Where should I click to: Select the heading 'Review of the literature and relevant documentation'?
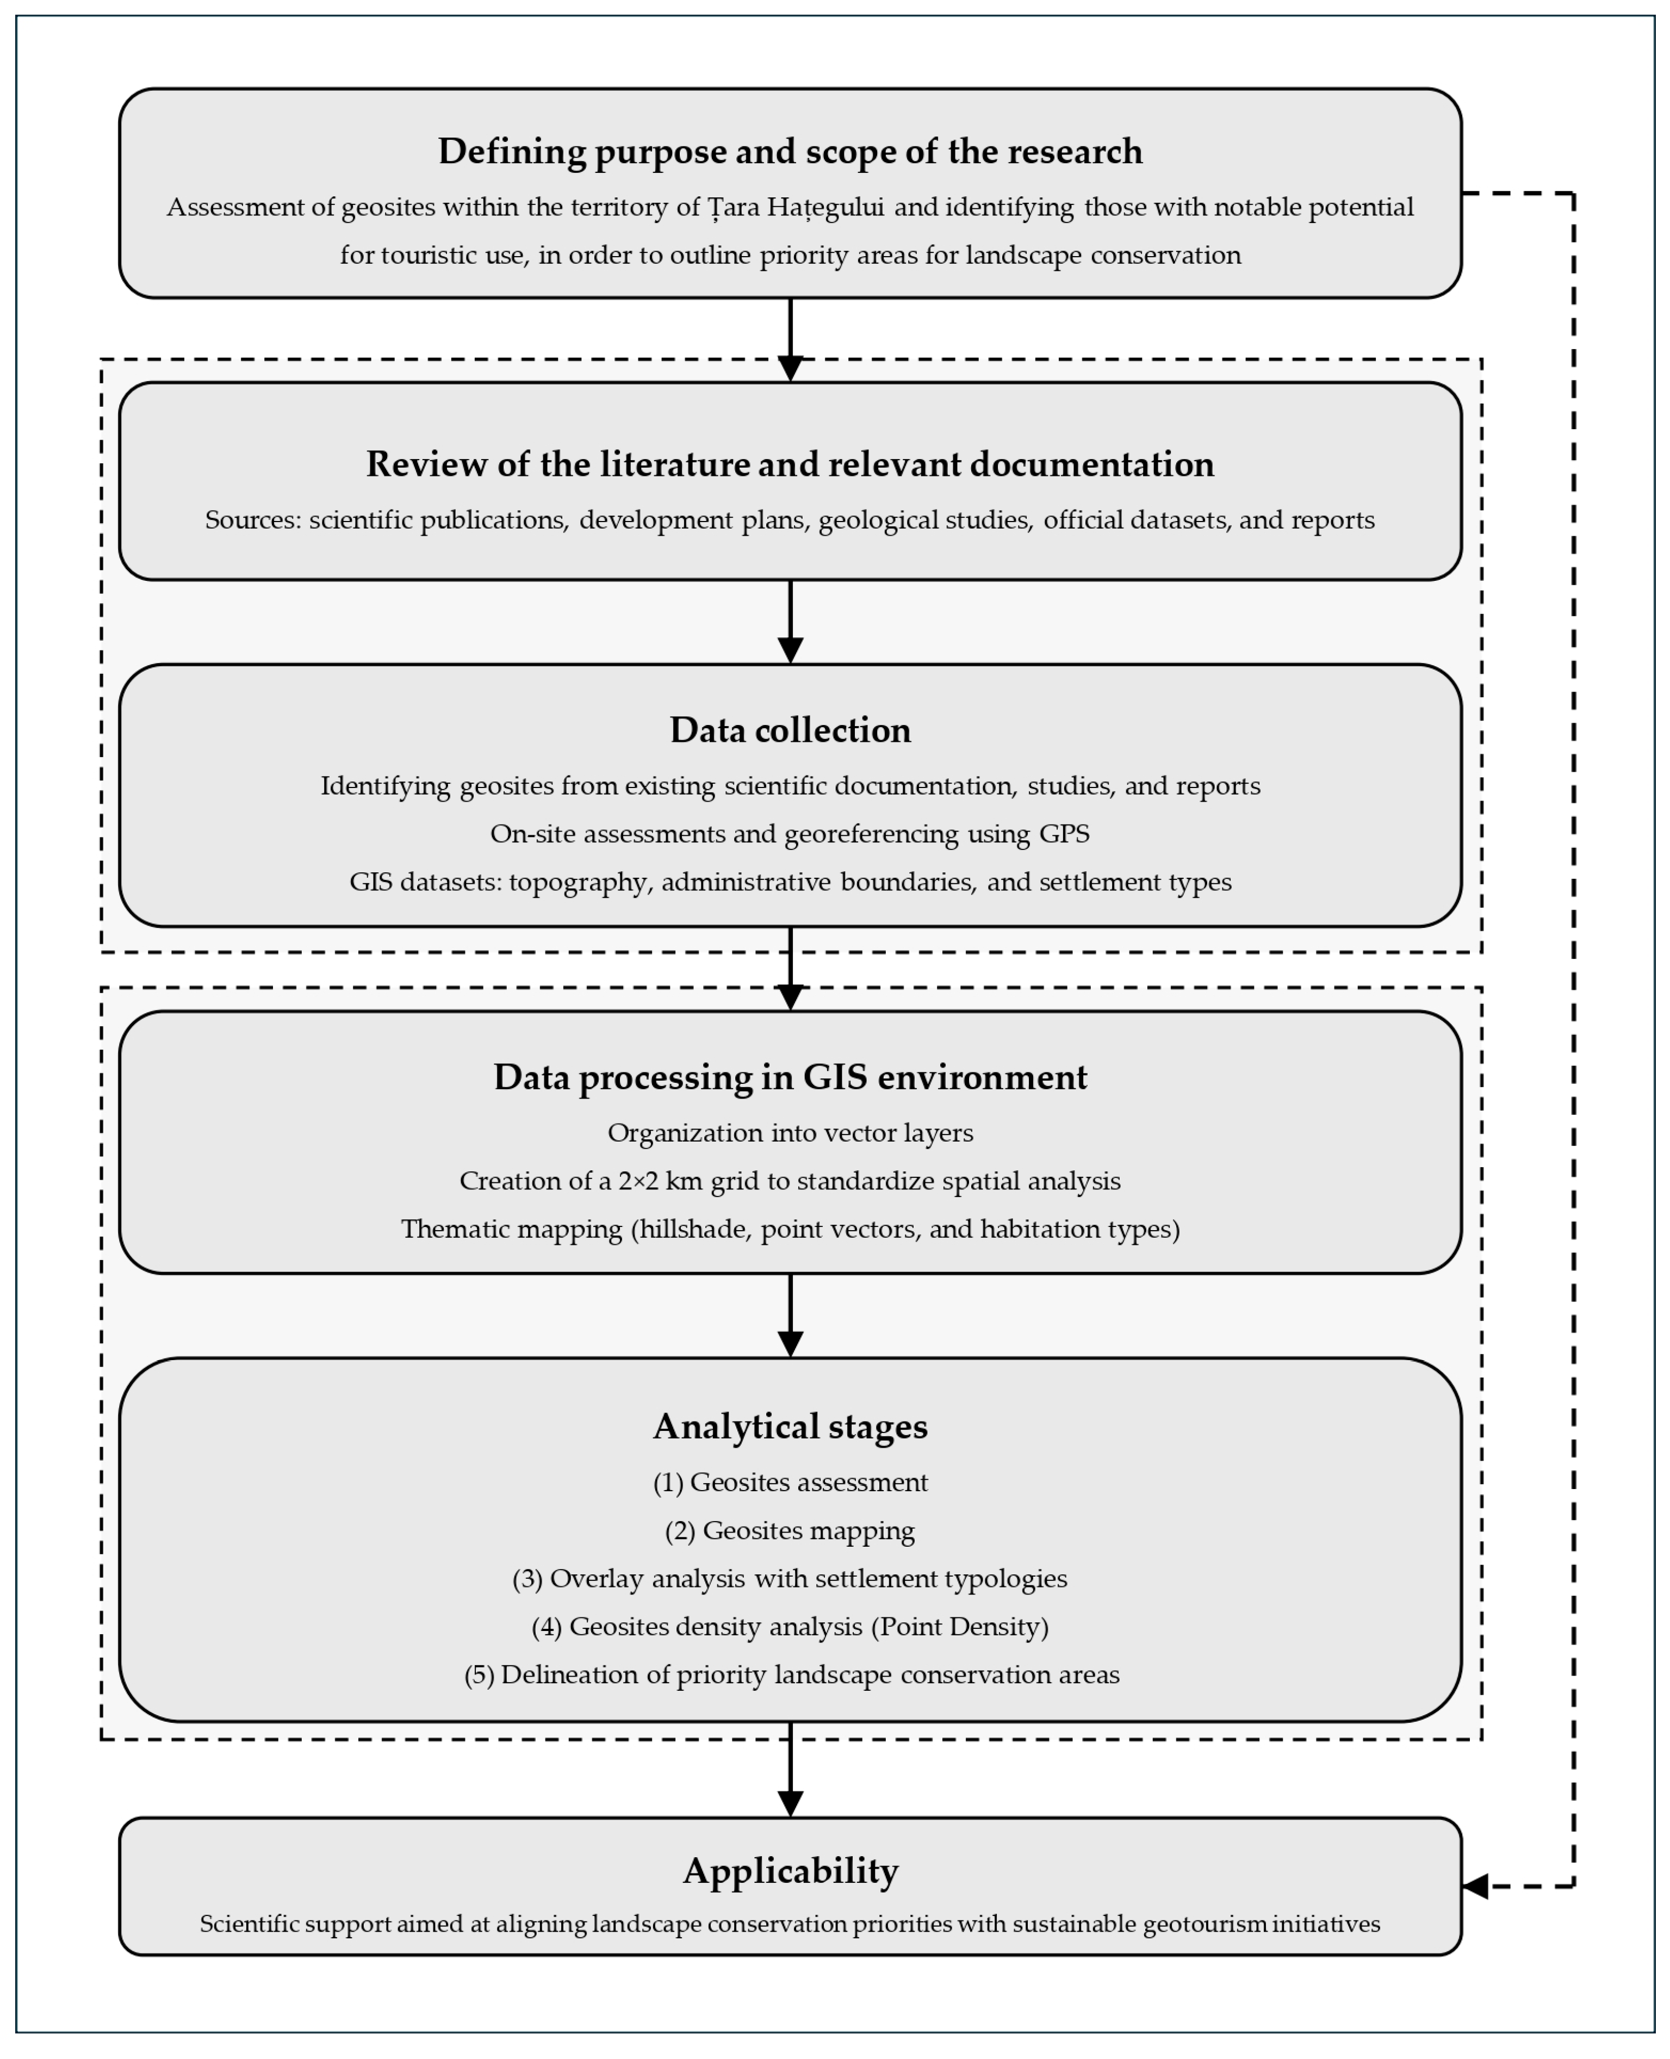[790, 465]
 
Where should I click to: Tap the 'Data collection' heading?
[790, 730]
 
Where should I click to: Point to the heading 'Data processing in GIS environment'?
[790, 1077]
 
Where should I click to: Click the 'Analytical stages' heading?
[790, 1427]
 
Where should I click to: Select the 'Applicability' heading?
[790, 1871]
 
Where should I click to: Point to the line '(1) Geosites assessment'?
[790, 1483]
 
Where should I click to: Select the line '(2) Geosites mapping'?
[790, 1531]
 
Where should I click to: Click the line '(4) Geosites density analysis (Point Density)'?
[790, 1627]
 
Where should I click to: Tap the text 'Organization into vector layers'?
[790, 1133]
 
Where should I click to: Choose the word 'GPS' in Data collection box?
[1064, 834]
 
